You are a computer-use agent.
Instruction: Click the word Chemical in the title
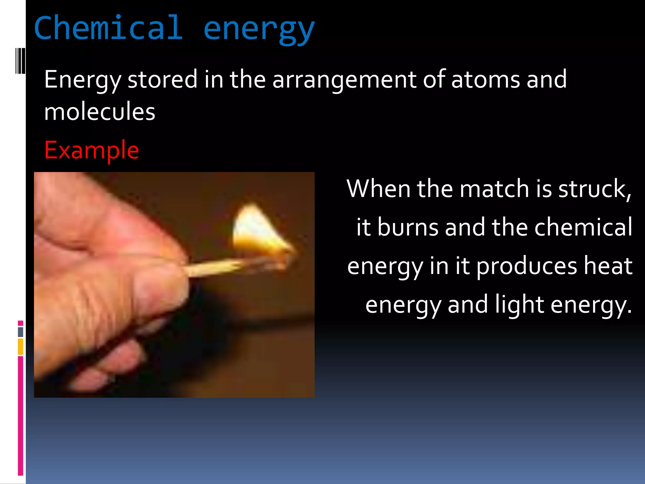pyautogui.click(x=108, y=28)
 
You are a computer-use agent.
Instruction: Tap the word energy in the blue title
pyautogui.click(x=259, y=30)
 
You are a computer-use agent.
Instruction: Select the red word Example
pyautogui.click(x=92, y=150)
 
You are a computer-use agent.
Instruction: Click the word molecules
pyautogui.click(x=100, y=112)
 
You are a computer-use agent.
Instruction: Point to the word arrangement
pyautogui.click(x=345, y=80)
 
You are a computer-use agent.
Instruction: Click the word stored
pyautogui.click(x=162, y=79)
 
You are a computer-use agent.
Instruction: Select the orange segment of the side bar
pyautogui.click(x=20, y=346)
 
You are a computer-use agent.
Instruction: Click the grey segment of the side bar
pyautogui.click(x=20, y=332)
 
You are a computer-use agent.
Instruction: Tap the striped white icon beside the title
pyautogui.click(x=20, y=60)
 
